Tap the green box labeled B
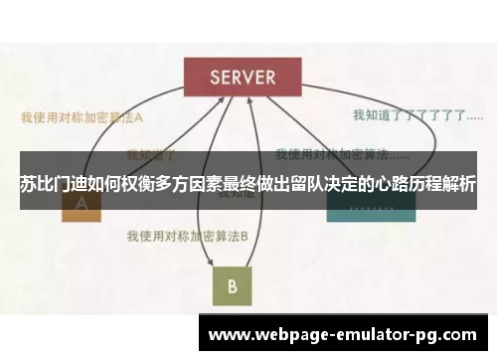coord(232,285)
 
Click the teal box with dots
coord(362,204)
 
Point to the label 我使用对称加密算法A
coord(82,115)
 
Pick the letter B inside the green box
coord(232,286)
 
